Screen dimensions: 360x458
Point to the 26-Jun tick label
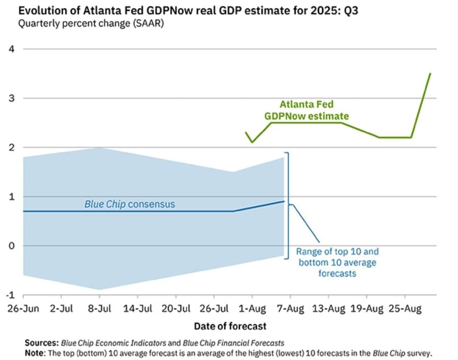click(23, 309)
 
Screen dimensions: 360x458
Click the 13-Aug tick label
click(328, 309)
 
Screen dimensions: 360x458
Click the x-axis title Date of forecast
click(230, 326)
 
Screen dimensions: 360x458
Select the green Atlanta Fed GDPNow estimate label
click(306, 110)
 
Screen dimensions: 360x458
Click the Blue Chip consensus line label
click(129, 204)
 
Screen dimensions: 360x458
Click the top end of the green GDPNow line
click(431, 73)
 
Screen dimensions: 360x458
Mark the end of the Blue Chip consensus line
click(284, 201)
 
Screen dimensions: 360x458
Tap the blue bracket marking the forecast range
click(289, 204)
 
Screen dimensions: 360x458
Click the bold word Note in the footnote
click(36, 352)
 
